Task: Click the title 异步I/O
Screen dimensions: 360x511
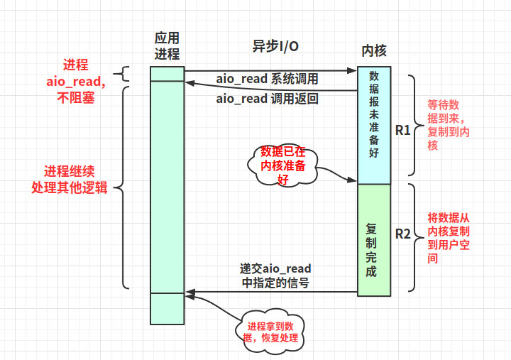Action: tap(275, 45)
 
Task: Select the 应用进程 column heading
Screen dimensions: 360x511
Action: tap(167, 45)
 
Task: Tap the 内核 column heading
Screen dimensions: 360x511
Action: tap(374, 50)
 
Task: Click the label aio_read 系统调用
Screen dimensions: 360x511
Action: tap(267, 79)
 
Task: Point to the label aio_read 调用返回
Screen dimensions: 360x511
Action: tap(267, 99)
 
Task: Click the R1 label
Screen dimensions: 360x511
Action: tap(402, 130)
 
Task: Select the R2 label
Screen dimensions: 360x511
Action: tap(402, 234)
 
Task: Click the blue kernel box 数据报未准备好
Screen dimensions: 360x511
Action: tap(374, 126)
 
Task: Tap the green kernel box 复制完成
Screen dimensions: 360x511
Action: tap(374, 239)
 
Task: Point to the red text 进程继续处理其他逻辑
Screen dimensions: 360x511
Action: tap(70, 180)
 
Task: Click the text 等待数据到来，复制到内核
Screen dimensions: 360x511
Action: tap(448, 124)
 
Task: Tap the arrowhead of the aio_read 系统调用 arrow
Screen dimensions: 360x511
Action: tap(353, 70)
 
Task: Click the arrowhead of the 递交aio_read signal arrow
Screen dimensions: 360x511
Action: tap(189, 292)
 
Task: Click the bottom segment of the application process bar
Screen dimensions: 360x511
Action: tap(167, 308)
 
